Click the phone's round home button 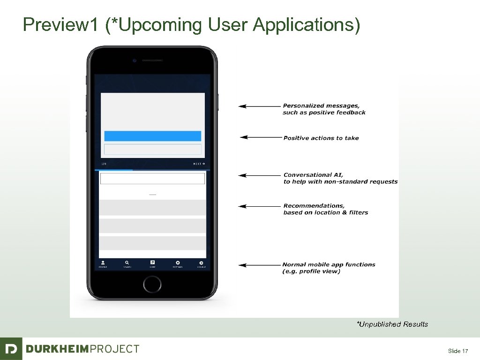click(152, 284)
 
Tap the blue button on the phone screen click(152, 136)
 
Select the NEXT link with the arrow click(200, 164)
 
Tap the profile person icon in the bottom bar click(103, 263)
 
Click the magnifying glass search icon click(127, 263)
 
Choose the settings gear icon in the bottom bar click(178, 263)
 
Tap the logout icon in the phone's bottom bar click(201, 263)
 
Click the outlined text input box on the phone click(152, 179)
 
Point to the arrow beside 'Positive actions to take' click(260, 137)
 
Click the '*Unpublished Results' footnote click(392, 324)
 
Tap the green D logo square click(11, 349)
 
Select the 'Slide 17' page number click(458, 351)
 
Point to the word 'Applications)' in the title click(307, 25)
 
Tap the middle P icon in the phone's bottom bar click(152, 263)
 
